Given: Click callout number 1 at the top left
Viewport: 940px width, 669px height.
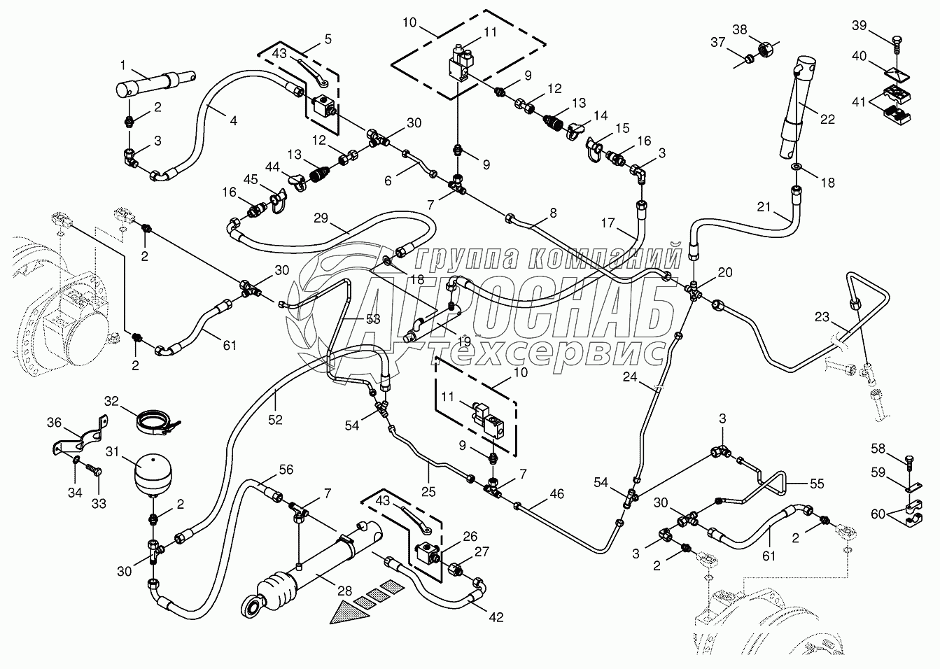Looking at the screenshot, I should [x=123, y=65].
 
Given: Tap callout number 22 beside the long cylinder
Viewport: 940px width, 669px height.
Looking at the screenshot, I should [x=827, y=119].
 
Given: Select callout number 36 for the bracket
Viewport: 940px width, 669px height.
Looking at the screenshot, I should [x=55, y=423].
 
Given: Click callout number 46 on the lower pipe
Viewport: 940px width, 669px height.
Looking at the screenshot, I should [x=556, y=493].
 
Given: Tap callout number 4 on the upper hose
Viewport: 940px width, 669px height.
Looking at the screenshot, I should [x=233, y=120].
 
